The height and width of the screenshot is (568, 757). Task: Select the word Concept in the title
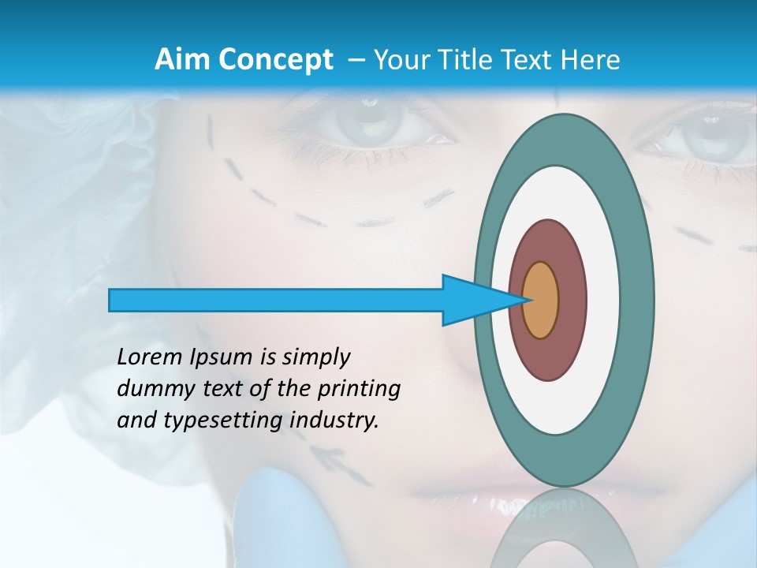275,60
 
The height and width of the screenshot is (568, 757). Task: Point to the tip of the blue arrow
527,300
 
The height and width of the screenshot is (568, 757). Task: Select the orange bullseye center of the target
541,300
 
